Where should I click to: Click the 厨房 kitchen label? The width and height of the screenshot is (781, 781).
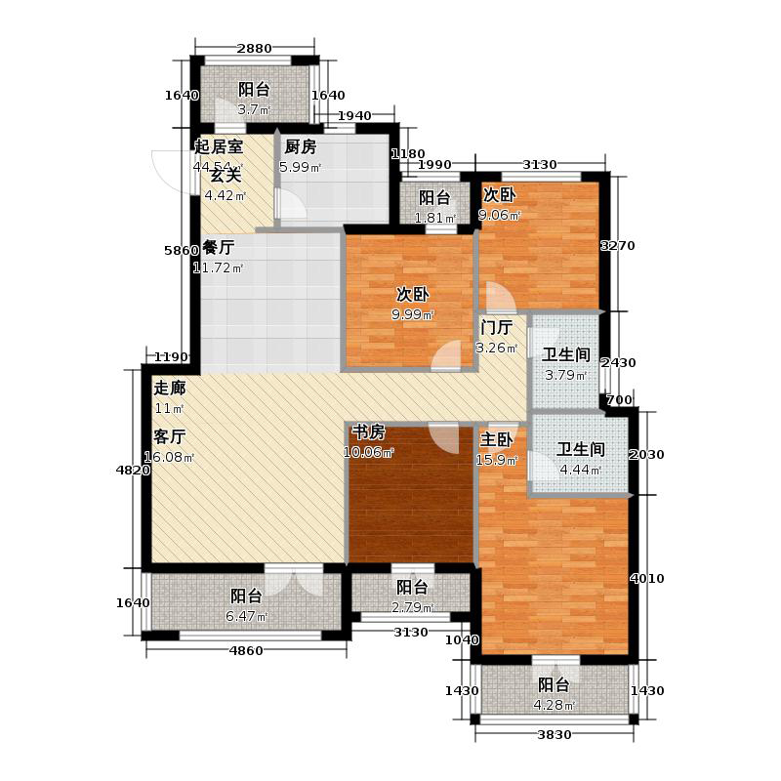point(300,148)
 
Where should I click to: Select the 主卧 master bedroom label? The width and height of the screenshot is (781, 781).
point(497,439)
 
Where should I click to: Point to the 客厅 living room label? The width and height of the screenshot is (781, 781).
point(169,437)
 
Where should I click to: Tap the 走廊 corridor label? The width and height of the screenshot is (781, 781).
point(169,387)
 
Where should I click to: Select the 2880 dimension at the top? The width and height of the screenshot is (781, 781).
point(255,48)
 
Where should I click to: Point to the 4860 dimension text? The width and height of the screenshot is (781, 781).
point(247,651)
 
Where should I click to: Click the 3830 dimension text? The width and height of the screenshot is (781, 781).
point(554,735)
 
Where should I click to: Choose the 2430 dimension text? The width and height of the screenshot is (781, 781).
point(618,363)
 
